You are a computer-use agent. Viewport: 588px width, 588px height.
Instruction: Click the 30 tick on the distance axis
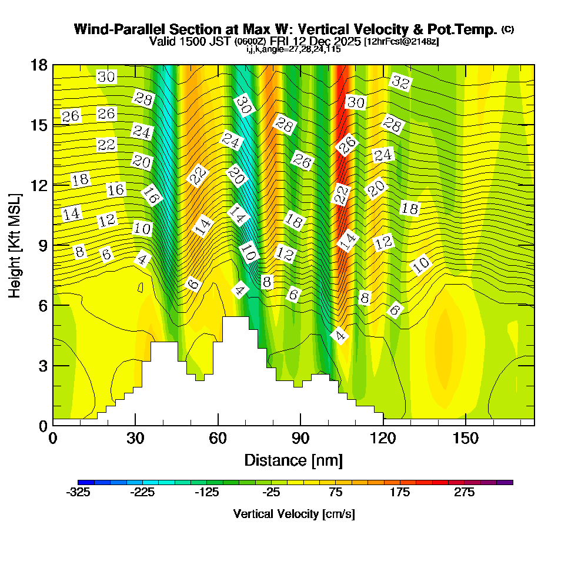click(x=135, y=439)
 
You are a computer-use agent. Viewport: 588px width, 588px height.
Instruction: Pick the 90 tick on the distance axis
click(x=300, y=439)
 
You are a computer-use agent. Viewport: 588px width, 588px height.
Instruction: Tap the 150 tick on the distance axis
click(x=465, y=439)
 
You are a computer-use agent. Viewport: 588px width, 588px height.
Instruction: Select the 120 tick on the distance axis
click(x=383, y=439)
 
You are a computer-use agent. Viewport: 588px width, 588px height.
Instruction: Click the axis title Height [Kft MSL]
click(x=15, y=245)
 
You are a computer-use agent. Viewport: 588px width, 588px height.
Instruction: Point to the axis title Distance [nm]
click(x=293, y=460)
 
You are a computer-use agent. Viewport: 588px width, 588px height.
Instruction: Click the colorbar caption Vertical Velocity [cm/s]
click(x=294, y=514)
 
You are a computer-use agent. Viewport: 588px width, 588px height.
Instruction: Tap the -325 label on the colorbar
click(x=78, y=493)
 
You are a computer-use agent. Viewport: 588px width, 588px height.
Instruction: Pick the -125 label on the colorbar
click(x=207, y=493)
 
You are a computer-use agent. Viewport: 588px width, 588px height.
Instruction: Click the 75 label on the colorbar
click(x=336, y=493)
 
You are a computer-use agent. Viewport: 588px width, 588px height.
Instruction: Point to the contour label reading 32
click(x=400, y=82)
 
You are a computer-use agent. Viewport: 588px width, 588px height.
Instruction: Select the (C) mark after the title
click(x=507, y=29)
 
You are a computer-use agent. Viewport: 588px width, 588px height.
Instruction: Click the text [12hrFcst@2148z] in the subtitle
click(x=402, y=42)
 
